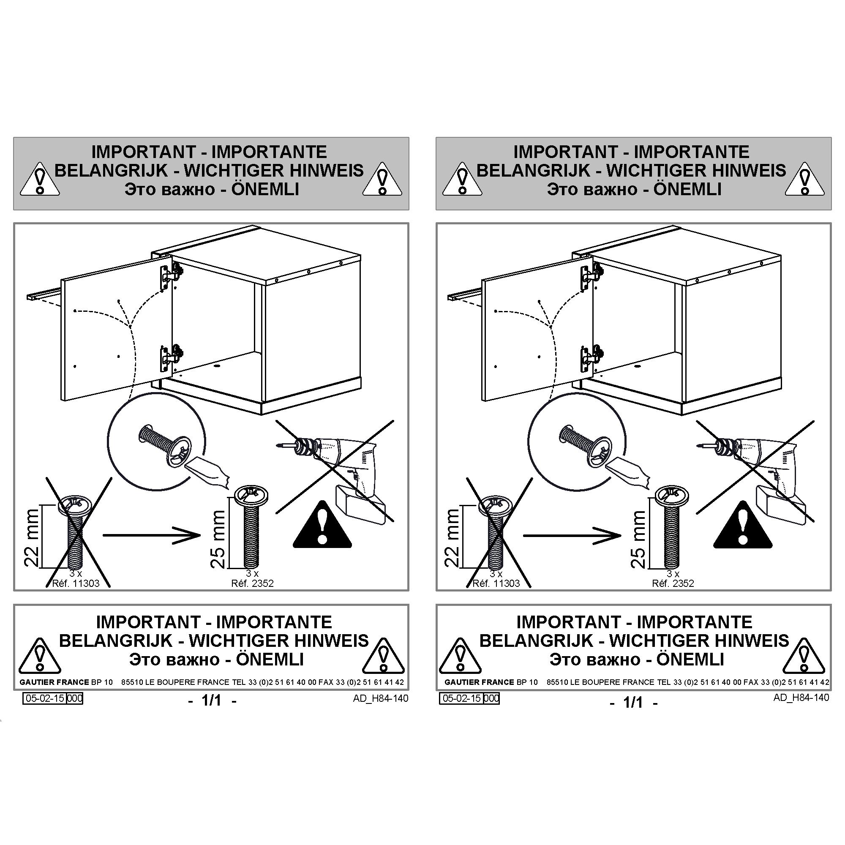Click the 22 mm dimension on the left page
tap(32, 537)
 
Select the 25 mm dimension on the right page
tap(638, 539)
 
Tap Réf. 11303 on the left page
tap(76, 583)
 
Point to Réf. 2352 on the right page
tap(673, 583)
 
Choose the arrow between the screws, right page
tap(572, 535)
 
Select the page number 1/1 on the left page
tap(212, 701)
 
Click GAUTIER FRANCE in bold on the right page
tap(479, 682)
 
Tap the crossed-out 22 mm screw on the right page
tap(495, 533)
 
